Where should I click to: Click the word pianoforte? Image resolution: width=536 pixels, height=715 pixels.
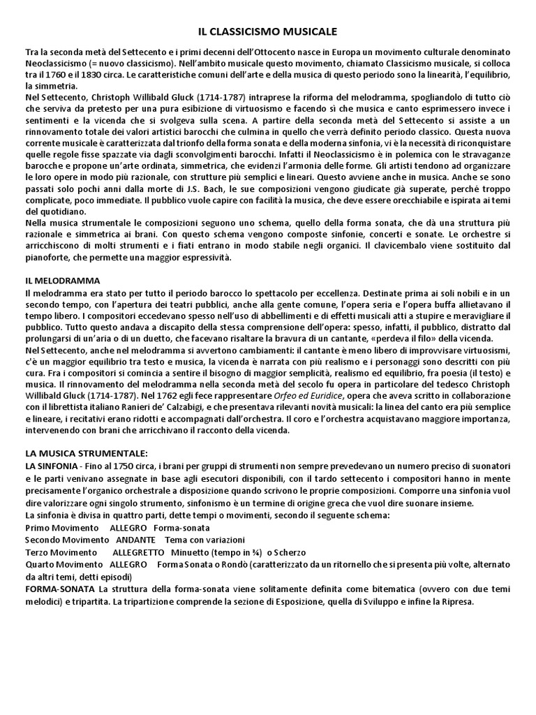pos(47,258)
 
